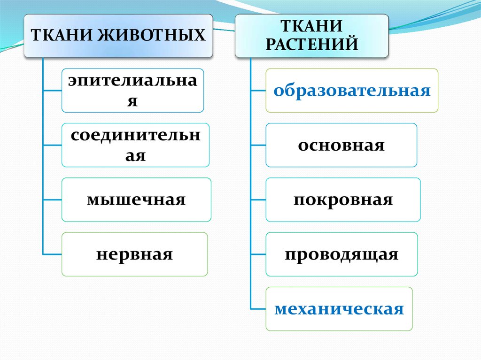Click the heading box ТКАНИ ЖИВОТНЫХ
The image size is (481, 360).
coord(118,36)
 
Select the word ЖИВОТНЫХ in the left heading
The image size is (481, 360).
coord(152,35)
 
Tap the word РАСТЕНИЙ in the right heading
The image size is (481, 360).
coord(312,44)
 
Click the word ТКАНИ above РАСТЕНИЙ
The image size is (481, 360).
coord(312,26)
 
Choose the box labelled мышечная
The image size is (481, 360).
coord(136,199)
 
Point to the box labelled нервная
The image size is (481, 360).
coord(135,254)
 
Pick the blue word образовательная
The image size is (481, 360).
coord(352,91)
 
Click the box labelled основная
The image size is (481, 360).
coord(341,145)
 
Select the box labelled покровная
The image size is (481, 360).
coord(343,199)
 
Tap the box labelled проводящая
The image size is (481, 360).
coord(341,254)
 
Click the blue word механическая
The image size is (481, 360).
coord(339,309)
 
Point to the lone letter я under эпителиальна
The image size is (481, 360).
coord(132,101)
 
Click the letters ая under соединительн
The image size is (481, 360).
coord(135,155)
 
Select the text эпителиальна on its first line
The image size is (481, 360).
coord(132,81)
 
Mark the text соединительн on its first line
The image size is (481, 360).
coord(135,135)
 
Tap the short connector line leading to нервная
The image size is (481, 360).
coord(53,254)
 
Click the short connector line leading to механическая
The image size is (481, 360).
coord(258,309)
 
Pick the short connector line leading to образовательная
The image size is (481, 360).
coord(258,91)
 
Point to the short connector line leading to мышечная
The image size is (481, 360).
coord(53,199)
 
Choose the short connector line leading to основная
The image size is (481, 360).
coord(258,145)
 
